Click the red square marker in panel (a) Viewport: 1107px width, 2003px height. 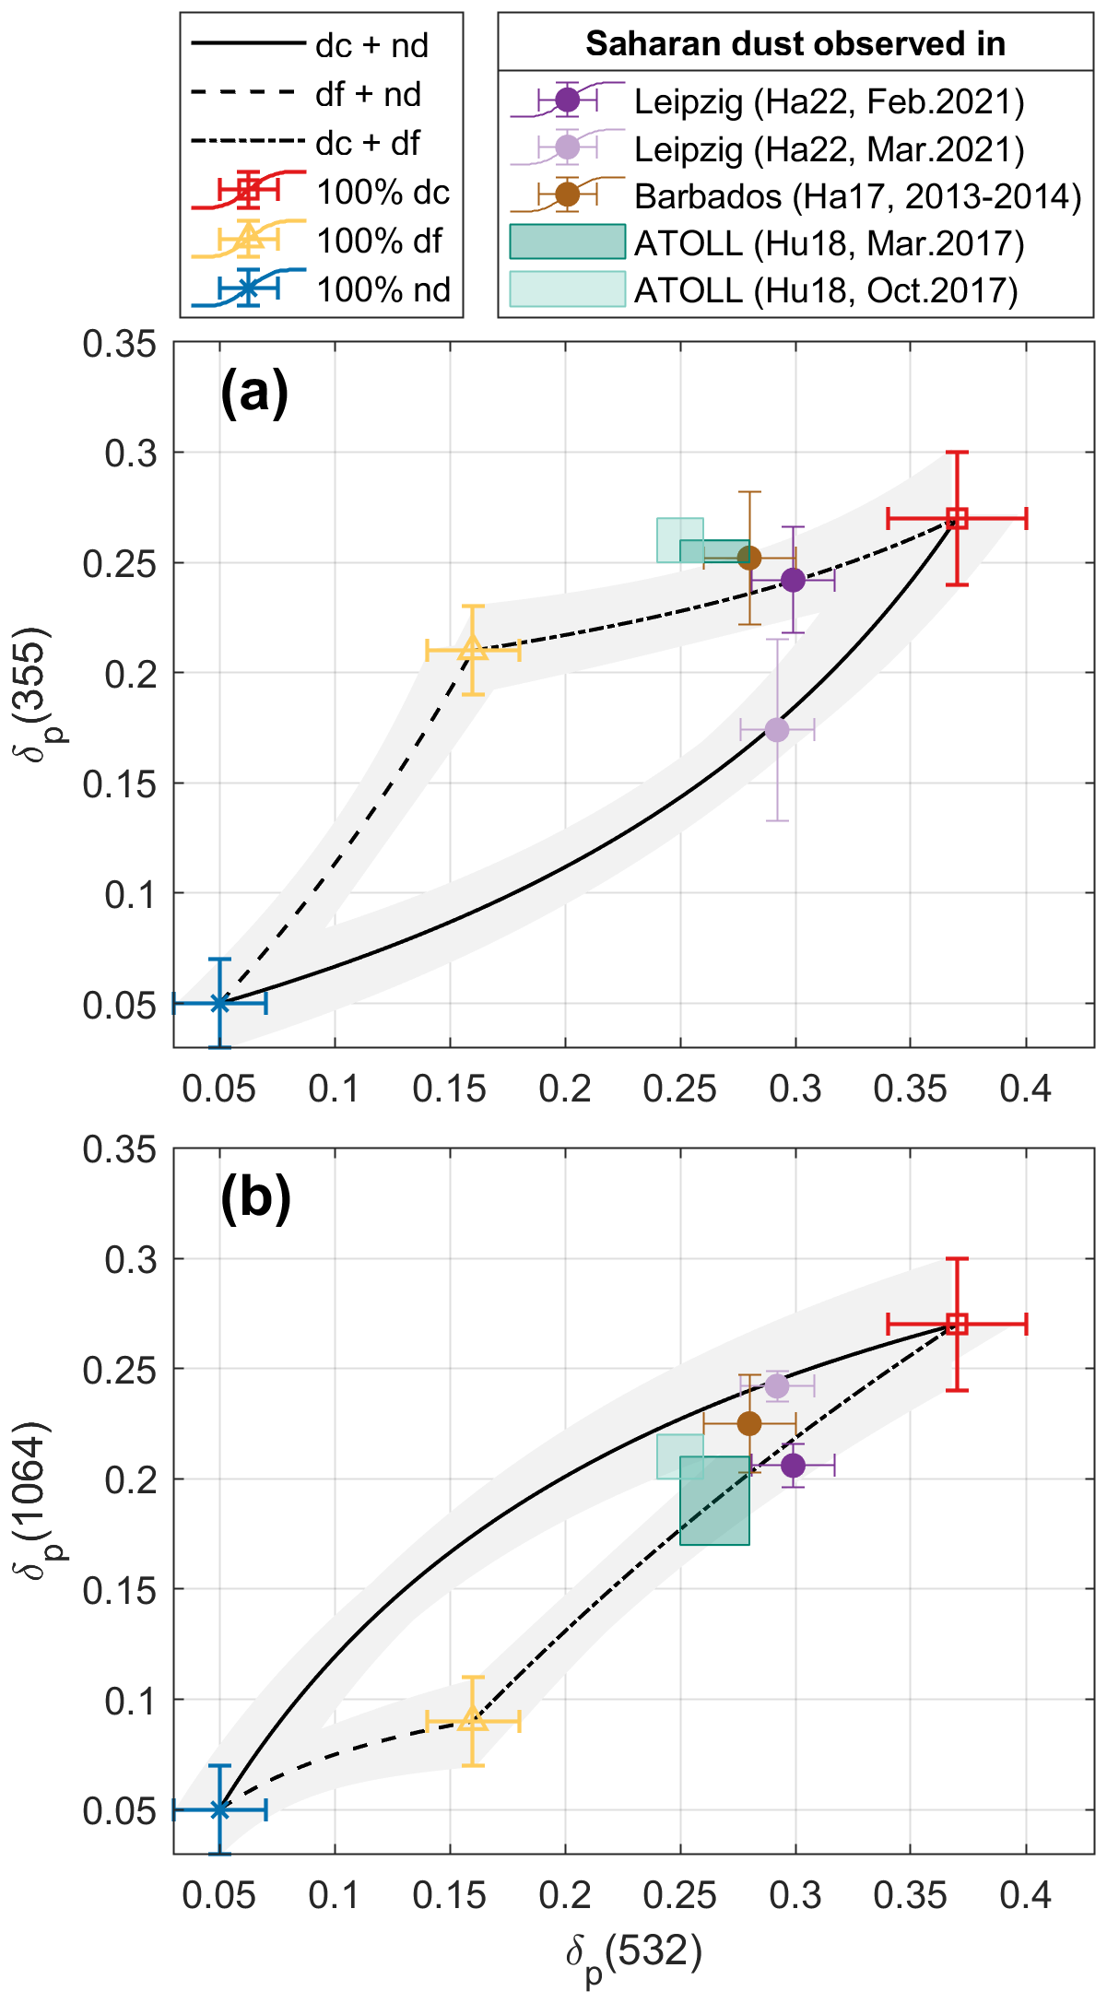(958, 518)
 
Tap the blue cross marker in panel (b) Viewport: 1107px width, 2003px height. (219, 1809)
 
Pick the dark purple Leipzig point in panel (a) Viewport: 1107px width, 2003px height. (793, 580)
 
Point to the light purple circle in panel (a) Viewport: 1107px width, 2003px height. (777, 730)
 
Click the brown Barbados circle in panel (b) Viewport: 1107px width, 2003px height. (749, 1423)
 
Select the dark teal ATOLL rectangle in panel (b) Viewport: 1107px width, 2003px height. (714, 1500)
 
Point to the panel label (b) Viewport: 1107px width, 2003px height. (255, 1198)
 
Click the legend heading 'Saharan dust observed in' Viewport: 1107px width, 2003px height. (795, 43)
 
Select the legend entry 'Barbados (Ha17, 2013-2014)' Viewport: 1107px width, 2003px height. (857, 195)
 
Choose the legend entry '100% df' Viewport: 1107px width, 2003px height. (379, 241)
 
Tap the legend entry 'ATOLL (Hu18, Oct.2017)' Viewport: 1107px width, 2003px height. (826, 290)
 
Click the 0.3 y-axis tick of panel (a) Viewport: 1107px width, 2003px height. (129, 453)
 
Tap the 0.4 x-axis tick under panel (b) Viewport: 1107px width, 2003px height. (1025, 1895)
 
